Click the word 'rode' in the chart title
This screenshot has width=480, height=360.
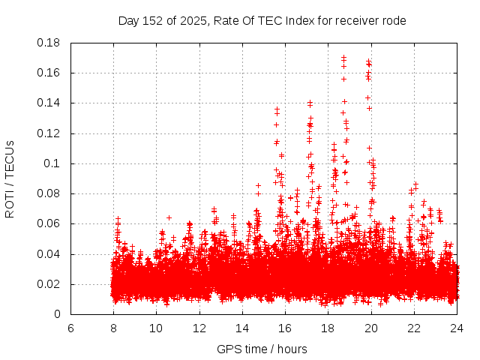click(x=393, y=21)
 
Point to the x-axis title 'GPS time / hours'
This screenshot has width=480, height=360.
click(x=262, y=349)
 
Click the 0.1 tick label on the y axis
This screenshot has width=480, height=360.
click(x=55, y=163)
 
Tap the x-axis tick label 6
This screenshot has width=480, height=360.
click(x=70, y=328)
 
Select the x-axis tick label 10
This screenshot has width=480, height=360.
click(x=156, y=328)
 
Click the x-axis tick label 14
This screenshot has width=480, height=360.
click(x=242, y=328)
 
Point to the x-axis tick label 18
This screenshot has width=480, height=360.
click(x=328, y=328)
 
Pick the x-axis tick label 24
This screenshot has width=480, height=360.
click(x=457, y=328)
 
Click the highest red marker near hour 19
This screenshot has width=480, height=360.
click(x=343, y=57)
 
